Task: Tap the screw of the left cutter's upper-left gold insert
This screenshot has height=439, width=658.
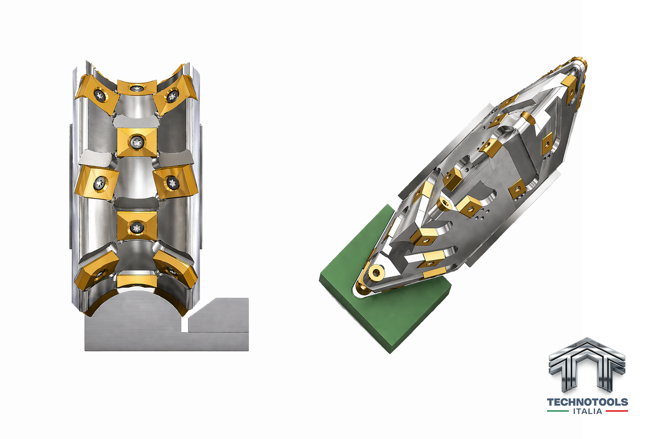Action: click(x=100, y=95)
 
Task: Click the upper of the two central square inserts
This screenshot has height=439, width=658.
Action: click(x=137, y=142)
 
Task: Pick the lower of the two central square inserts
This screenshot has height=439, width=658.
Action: click(x=137, y=226)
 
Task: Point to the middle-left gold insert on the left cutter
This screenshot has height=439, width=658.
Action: click(x=97, y=182)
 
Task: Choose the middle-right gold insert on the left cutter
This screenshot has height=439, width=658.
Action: click(x=175, y=182)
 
